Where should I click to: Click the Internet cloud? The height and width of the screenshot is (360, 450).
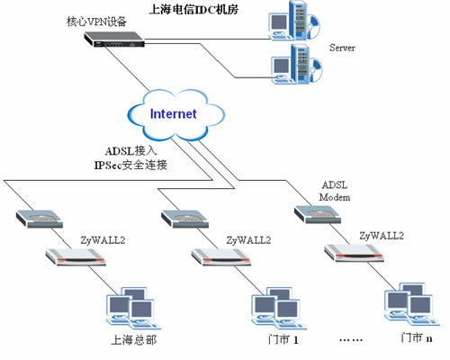click(176, 115)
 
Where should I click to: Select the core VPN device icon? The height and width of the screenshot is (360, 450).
click(114, 40)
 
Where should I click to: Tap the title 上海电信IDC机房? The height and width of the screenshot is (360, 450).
click(193, 9)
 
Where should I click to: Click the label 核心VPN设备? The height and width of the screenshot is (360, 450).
click(96, 22)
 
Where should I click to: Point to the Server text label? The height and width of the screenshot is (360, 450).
click(342, 48)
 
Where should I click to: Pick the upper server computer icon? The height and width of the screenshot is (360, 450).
click(294, 21)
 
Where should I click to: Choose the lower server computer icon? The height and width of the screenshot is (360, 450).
click(296, 64)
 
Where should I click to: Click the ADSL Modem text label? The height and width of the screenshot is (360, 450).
click(335, 191)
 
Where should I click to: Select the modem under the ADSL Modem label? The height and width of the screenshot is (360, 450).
click(318, 214)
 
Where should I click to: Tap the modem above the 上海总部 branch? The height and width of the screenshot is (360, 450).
click(40, 219)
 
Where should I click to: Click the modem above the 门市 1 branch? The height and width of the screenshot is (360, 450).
click(184, 219)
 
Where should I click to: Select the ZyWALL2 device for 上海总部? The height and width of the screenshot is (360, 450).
click(76, 257)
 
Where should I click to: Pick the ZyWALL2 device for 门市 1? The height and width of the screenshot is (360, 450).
click(221, 257)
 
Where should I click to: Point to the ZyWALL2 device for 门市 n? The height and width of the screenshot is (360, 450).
click(354, 253)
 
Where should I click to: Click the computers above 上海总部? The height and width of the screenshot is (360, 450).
click(133, 309)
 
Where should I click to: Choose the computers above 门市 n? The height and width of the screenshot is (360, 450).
click(412, 304)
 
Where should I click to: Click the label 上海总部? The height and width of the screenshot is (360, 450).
click(134, 340)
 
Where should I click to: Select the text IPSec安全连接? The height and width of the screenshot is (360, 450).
click(130, 165)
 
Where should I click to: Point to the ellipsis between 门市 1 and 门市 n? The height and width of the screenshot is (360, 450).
click(351, 340)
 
